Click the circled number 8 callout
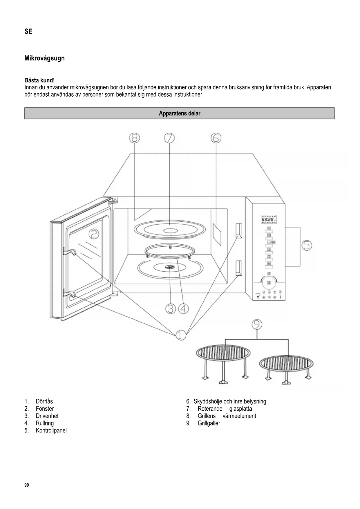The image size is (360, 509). click(x=134, y=138)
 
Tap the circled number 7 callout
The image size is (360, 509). click(x=169, y=138)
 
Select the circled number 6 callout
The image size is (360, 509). click(x=216, y=138)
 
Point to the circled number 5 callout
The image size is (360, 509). click(x=307, y=246)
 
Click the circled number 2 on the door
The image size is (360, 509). click(x=94, y=234)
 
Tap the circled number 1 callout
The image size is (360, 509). click(x=181, y=335)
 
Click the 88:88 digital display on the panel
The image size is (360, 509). click(x=267, y=220)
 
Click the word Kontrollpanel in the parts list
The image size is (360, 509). click(x=51, y=430)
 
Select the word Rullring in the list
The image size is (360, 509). click(x=45, y=423)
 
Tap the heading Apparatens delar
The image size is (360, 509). click(x=179, y=113)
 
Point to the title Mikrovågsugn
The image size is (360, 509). click(x=44, y=58)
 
